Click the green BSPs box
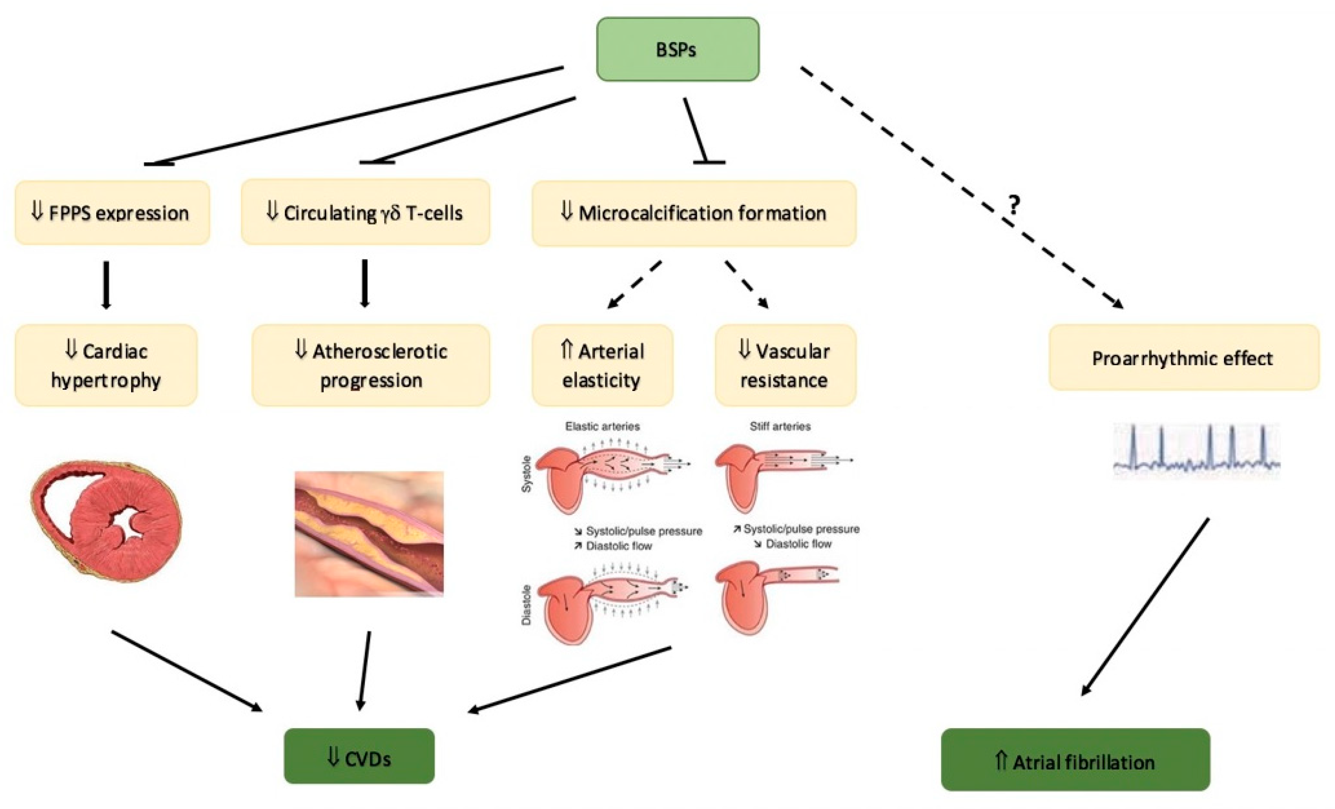[x=677, y=49]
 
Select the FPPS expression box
[x=112, y=213]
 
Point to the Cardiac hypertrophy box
[x=106, y=365]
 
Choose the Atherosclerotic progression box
[x=371, y=365]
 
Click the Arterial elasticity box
[x=602, y=365]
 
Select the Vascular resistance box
[x=785, y=365]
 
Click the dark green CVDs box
[x=359, y=756]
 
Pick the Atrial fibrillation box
[x=1075, y=760]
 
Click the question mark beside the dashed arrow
[x=1014, y=205]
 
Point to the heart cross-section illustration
[x=106, y=520]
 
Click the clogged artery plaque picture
[x=369, y=534]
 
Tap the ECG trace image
[x=1196, y=451]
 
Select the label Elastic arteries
[x=602, y=427]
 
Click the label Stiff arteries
[x=780, y=427]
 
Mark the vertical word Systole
[x=526, y=474]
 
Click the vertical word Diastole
[x=526, y=605]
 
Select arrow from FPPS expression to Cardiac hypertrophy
[x=106, y=284]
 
